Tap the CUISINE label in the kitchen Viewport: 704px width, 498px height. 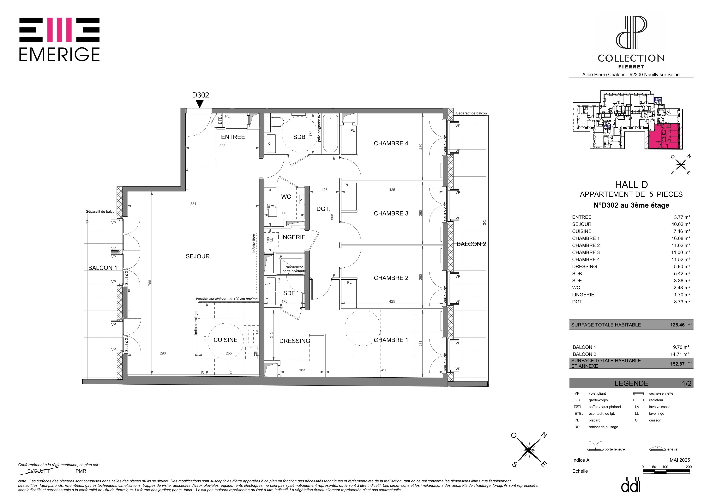(225, 340)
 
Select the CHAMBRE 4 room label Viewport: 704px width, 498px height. (391, 143)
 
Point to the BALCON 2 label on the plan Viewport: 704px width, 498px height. (471, 244)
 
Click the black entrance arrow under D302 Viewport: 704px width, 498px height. (200, 104)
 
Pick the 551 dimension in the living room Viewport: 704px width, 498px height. (193, 204)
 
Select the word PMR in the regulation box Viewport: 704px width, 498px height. (81, 471)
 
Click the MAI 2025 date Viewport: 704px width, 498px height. (680, 460)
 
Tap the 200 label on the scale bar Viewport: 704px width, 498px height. (689, 467)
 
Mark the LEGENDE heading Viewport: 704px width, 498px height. (631, 383)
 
